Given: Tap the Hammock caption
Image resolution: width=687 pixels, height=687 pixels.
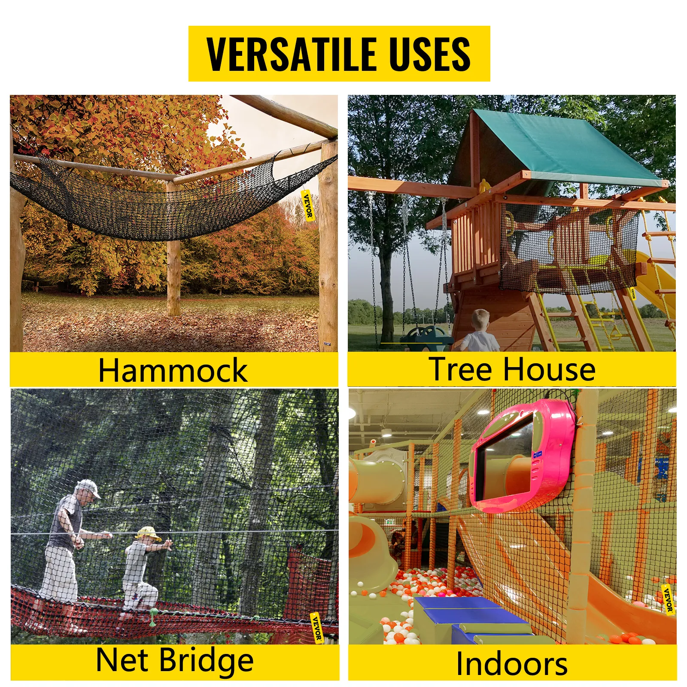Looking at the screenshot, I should pos(173,370).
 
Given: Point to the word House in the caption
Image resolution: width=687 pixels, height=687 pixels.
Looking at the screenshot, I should pos(549,369).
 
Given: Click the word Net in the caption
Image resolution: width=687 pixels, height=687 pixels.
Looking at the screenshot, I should pos(122,660).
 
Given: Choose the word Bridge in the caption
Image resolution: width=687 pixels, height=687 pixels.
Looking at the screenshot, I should pos(207,661).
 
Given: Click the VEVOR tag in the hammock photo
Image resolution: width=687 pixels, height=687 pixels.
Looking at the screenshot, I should pos(308,206).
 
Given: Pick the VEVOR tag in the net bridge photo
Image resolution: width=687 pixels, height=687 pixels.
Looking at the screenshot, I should pos(316,628).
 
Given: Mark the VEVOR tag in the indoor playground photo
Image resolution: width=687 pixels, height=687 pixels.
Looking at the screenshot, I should pos(668,599).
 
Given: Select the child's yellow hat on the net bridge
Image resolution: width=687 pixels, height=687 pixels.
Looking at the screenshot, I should pos(147,533).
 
